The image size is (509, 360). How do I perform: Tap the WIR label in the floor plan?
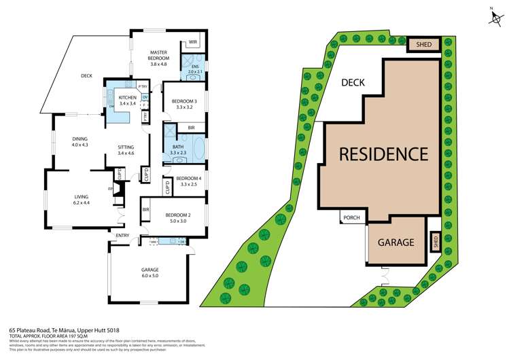point(193,42)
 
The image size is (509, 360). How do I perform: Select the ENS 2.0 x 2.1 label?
point(194,69)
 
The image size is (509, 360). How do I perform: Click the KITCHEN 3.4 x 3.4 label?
point(128,101)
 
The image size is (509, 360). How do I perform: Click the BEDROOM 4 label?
point(187,181)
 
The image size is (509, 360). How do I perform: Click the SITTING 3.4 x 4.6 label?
point(126,150)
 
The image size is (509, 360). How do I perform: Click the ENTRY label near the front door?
point(122,236)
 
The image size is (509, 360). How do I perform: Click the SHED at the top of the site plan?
point(424,45)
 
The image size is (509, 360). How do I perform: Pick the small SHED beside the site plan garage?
point(435,240)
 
